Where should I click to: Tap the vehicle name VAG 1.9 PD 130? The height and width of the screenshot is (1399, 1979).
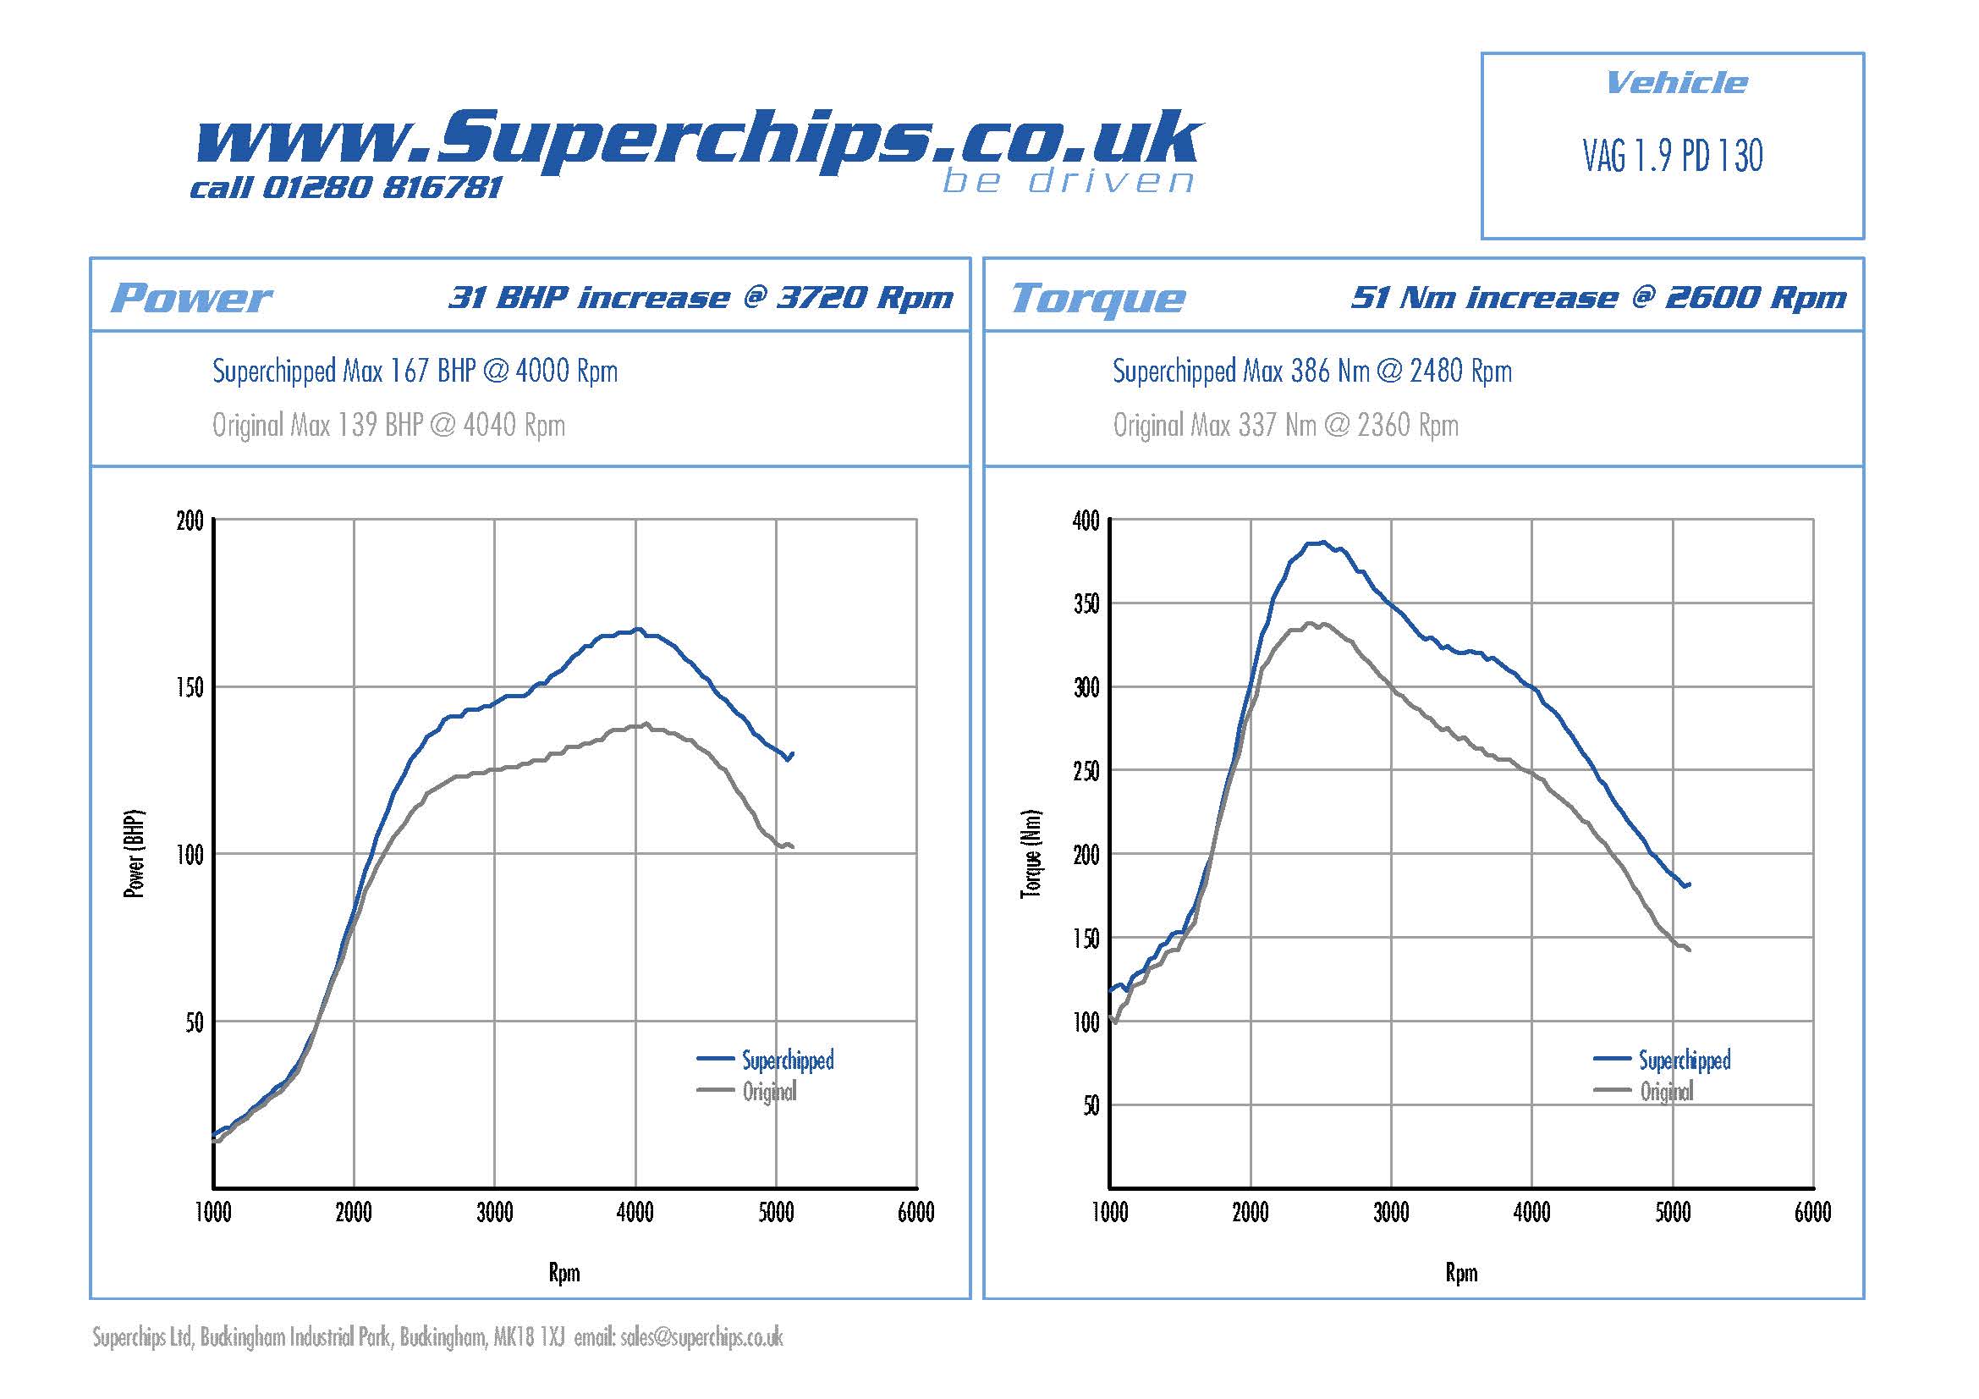pos(1672,156)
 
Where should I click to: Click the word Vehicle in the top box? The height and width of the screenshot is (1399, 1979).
pos(1676,83)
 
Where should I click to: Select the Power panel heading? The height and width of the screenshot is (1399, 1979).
pos(191,298)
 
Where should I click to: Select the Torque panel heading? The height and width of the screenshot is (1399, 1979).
pos(1098,299)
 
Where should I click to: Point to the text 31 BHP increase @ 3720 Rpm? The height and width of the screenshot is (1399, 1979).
pos(701,297)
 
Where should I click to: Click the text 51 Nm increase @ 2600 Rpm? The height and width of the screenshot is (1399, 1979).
pos(1598,297)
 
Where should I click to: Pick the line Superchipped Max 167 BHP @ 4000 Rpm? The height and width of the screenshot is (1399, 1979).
pos(415,372)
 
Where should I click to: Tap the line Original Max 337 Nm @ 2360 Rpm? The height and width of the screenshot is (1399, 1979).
pos(1285,425)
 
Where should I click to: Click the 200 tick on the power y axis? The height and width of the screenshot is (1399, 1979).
pos(190,520)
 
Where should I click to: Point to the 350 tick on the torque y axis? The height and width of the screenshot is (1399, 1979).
pos(1086,603)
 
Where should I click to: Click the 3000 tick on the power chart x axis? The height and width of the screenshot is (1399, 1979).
pos(495,1213)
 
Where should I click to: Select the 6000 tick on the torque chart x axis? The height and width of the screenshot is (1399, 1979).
pos(1812,1213)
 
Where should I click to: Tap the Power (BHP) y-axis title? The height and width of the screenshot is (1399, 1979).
pos(135,854)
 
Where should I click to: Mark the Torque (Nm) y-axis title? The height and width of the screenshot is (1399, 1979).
pos(1031,854)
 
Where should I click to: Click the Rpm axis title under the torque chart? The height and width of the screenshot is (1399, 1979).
pos(1461,1272)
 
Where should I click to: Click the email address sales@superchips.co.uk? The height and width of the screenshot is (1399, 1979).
pos(701,1337)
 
